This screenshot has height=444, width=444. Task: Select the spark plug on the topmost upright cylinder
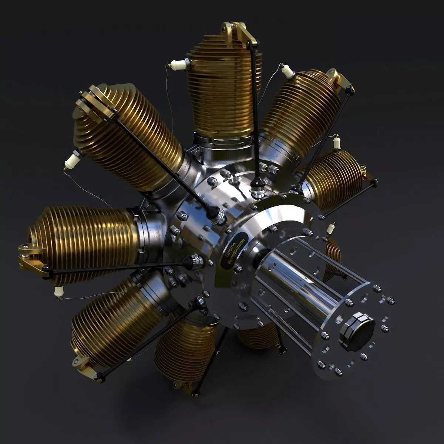178,65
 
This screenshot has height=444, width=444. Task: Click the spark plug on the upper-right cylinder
287,71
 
